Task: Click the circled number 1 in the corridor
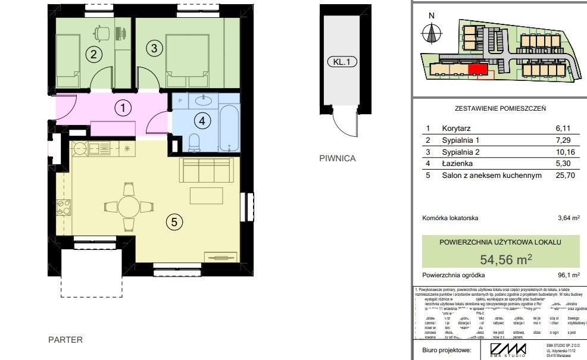click(123, 108)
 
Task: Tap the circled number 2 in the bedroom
click(92, 55)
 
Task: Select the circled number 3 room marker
click(153, 48)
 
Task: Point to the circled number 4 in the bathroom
click(202, 121)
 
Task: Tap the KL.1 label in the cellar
click(340, 61)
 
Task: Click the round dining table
click(130, 208)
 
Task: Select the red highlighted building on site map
click(477, 70)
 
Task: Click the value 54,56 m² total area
click(505, 259)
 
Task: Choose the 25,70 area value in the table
click(564, 176)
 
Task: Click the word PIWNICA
click(337, 158)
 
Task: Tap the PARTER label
click(65, 340)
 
